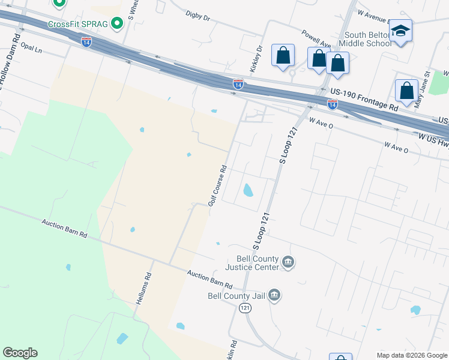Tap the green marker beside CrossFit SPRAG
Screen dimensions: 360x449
click(118, 23)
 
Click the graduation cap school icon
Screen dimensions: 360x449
click(400, 31)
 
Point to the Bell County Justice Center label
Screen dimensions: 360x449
click(252, 263)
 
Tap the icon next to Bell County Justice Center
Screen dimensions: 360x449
click(288, 262)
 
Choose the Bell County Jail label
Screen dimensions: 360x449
click(237, 295)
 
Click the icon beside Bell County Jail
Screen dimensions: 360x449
click(274, 295)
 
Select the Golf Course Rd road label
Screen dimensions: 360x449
click(217, 185)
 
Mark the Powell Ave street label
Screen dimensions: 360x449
click(316, 39)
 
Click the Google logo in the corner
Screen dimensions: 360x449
click(20, 353)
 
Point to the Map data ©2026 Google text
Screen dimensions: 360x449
click(412, 355)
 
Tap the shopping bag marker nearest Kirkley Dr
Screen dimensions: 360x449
click(283, 55)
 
